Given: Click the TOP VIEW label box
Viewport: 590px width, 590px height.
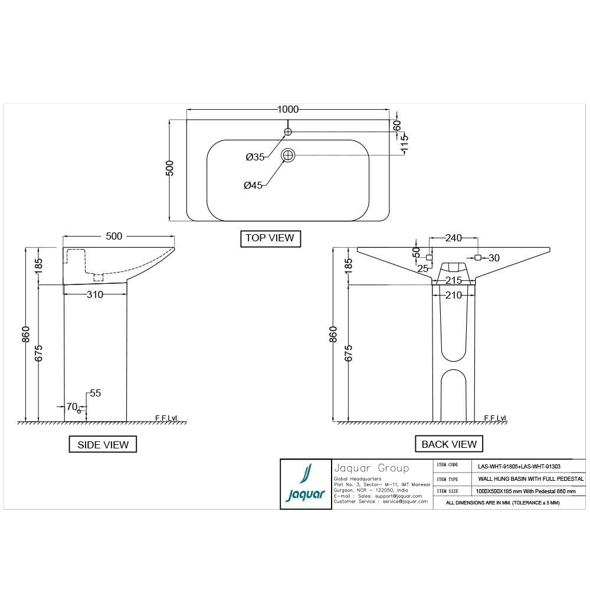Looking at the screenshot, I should point(270,238).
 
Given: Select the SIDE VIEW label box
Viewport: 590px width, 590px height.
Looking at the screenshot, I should point(103,444).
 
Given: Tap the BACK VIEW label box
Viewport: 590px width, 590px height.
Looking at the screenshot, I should point(449,444).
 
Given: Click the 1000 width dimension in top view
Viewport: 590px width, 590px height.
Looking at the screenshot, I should point(288,109).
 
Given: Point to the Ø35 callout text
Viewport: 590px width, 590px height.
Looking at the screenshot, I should point(255,157).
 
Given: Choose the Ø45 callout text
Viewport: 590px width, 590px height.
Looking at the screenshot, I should point(253,185).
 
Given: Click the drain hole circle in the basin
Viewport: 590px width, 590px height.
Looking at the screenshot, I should point(288,155).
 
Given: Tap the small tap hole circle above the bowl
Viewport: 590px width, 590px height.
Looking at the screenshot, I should point(288,131).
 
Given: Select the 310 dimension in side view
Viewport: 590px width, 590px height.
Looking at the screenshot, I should point(95,294).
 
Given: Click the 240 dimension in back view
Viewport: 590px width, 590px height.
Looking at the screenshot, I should point(453,238).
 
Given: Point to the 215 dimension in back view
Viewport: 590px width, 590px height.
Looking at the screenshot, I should point(453,280).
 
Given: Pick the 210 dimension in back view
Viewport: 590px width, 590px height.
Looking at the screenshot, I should point(453,295).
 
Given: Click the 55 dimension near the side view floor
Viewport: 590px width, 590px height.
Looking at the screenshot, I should point(96,392).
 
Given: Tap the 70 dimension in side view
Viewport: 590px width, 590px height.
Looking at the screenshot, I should point(71,407).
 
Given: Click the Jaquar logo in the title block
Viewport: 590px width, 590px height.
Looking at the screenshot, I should point(304,484).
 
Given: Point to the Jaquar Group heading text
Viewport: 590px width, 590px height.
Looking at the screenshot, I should point(371,468).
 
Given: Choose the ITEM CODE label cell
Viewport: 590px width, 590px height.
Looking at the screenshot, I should point(447,465).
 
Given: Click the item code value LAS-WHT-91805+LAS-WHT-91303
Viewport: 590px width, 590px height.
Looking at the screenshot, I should point(519,466).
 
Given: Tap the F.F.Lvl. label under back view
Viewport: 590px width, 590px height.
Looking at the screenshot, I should point(496,418).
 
